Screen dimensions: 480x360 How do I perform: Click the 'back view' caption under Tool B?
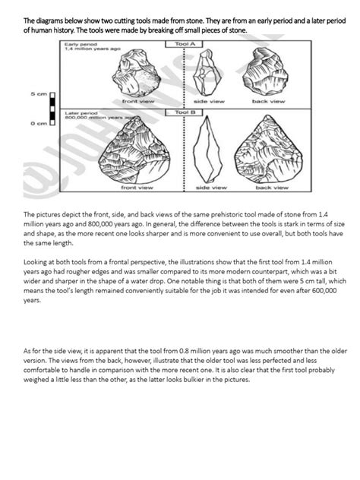271,186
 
